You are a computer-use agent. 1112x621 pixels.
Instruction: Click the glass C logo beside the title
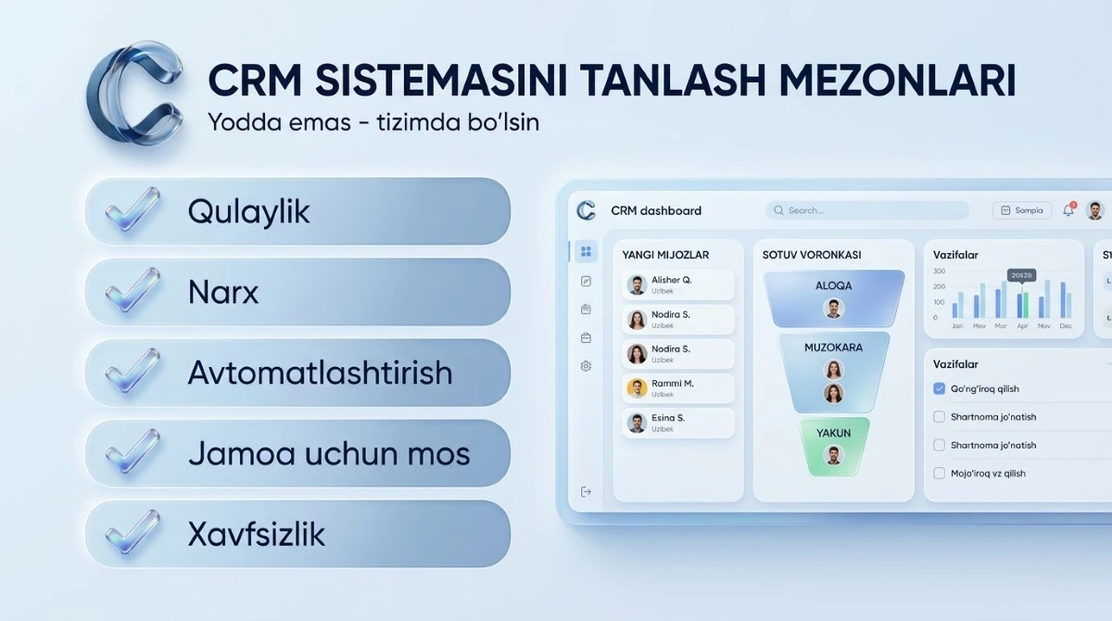(x=136, y=93)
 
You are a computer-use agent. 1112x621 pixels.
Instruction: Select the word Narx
(x=223, y=293)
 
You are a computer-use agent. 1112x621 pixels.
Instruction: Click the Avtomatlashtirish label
(x=320, y=374)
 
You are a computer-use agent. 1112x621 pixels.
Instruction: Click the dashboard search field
(x=866, y=210)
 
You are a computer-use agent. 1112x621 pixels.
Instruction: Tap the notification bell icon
(x=1068, y=210)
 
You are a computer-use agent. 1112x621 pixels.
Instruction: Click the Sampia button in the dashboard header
(x=1021, y=210)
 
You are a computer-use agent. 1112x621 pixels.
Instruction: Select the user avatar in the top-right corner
(x=1095, y=210)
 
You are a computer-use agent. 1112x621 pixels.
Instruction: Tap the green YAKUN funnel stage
(x=834, y=446)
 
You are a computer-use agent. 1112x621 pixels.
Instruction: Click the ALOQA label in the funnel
(x=833, y=285)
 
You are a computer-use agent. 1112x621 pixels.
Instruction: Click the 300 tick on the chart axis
(x=939, y=272)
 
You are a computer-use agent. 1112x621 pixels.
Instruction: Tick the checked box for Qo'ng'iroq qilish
(x=939, y=389)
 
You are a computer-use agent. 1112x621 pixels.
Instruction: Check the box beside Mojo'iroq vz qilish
(x=939, y=474)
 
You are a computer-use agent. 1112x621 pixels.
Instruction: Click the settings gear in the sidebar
(x=586, y=366)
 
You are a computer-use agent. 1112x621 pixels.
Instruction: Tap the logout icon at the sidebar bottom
(x=586, y=492)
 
